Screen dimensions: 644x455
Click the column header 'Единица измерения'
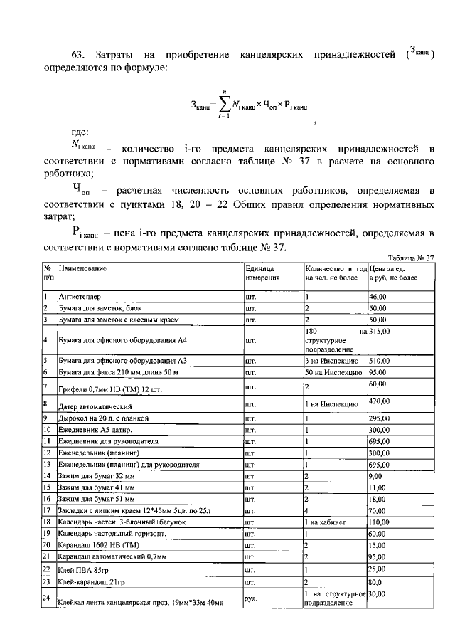263,273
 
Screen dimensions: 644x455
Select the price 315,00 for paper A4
380,332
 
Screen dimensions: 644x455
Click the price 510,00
380,361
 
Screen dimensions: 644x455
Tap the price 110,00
380,521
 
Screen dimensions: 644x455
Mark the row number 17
47,510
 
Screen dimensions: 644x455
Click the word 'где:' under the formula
79,132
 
